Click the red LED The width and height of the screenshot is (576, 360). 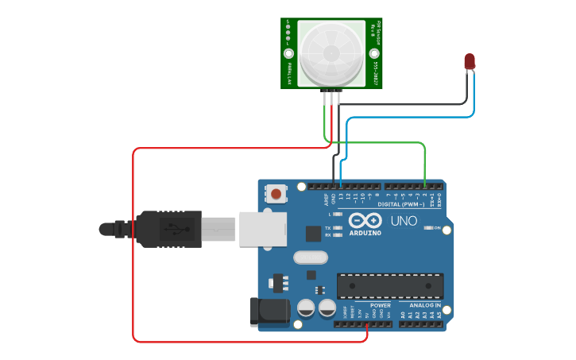click(x=470, y=60)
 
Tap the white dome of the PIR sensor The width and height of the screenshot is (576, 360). click(x=332, y=53)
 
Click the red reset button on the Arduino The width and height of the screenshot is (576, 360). click(x=276, y=193)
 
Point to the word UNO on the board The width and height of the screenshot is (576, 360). click(x=405, y=220)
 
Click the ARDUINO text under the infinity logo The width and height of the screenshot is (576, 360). click(x=365, y=233)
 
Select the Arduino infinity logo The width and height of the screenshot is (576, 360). click(x=365, y=220)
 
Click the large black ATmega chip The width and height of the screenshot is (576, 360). click(x=390, y=286)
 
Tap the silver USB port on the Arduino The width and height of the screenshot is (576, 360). click(x=262, y=228)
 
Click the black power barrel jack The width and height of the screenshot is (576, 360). click(x=268, y=312)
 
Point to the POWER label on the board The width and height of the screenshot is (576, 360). click(x=381, y=305)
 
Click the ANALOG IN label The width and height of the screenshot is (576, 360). click(x=425, y=305)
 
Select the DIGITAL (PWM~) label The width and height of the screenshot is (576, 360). click(x=401, y=204)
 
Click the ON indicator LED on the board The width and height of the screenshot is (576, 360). click(x=428, y=228)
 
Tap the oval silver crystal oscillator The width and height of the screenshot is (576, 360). click(x=310, y=257)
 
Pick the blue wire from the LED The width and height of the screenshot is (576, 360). click(x=413, y=117)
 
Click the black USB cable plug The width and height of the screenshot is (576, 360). click(x=167, y=229)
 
